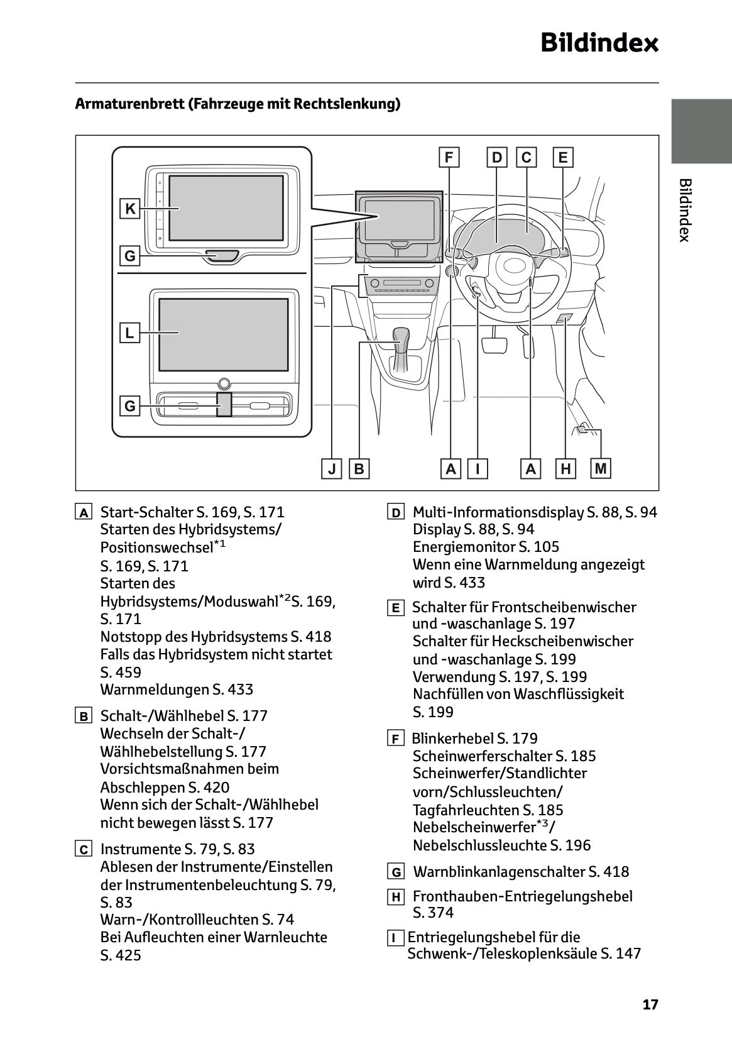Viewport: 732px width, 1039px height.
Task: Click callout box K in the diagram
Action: (x=130, y=209)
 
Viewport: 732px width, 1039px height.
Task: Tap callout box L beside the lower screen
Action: (x=129, y=333)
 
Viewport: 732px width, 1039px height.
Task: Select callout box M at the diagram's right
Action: (x=601, y=468)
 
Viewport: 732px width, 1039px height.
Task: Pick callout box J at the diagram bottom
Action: (x=331, y=469)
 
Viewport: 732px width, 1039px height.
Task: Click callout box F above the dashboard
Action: (x=449, y=157)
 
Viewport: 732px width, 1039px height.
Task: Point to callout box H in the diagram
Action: (x=566, y=469)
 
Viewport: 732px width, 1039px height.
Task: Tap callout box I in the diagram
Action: (x=478, y=469)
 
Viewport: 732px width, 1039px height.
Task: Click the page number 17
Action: (x=650, y=1004)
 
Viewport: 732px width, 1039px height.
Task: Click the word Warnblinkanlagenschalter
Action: (x=499, y=872)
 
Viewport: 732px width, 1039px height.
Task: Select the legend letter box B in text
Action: (x=84, y=716)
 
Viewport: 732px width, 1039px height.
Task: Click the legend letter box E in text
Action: (x=395, y=608)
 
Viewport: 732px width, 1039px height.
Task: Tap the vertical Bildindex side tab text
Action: (x=685, y=210)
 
